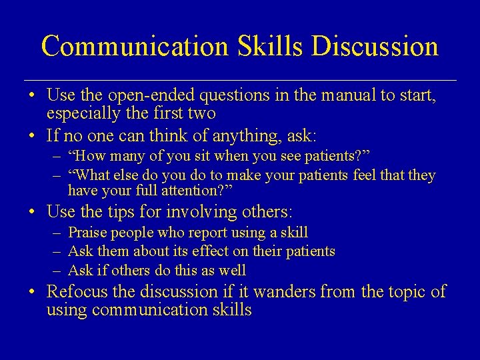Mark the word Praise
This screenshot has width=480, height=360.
(x=88, y=233)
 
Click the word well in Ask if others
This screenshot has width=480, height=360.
(x=233, y=271)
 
